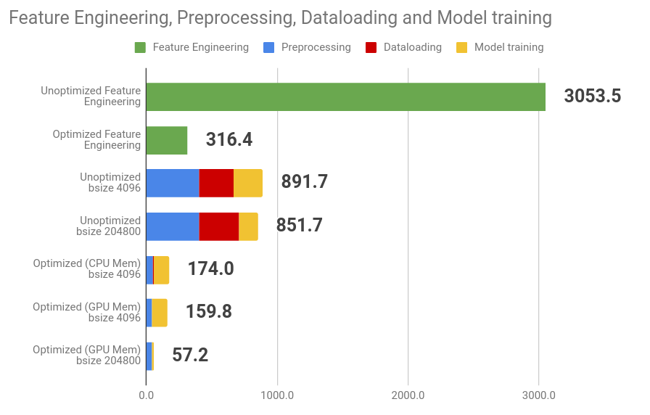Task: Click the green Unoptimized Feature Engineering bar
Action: (x=346, y=96)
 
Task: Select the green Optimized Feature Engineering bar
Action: (x=167, y=140)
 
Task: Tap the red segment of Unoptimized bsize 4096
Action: (x=216, y=183)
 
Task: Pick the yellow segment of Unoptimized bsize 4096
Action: (x=248, y=183)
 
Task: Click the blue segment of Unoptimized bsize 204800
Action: (x=173, y=226)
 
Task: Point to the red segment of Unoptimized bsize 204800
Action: (x=219, y=226)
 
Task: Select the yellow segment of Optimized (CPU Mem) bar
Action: (x=161, y=270)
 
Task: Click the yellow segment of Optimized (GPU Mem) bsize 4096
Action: (x=160, y=313)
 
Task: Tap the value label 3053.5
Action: (x=593, y=96)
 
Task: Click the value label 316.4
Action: (x=229, y=139)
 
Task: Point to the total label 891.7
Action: (x=305, y=181)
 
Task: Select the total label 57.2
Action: (x=190, y=355)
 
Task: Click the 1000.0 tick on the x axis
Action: (x=277, y=395)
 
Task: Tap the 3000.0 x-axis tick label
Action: (x=538, y=395)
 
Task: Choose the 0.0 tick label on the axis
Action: (x=147, y=395)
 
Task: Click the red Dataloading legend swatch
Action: (x=371, y=48)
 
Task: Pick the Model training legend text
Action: (x=509, y=47)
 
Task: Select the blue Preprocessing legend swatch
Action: (x=268, y=48)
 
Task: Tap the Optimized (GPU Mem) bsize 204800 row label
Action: (x=87, y=355)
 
